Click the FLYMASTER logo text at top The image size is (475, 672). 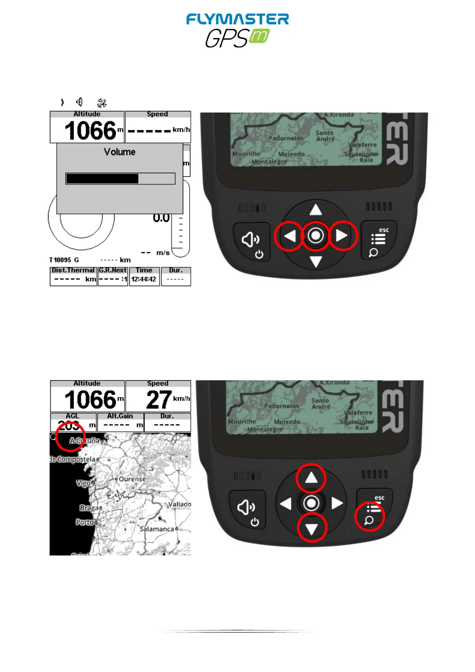[x=238, y=20]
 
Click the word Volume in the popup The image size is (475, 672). [x=119, y=152]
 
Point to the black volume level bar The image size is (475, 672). [x=102, y=179]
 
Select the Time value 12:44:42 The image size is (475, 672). [x=144, y=279]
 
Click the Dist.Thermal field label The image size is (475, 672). [x=73, y=270]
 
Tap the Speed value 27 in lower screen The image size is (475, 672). [x=159, y=400]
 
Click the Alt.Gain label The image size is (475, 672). [x=120, y=416]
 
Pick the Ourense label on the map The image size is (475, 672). [x=132, y=479]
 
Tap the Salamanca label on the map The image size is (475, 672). [x=156, y=529]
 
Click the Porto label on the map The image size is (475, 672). [x=85, y=522]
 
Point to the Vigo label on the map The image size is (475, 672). [x=83, y=483]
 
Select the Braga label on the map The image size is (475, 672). [x=89, y=508]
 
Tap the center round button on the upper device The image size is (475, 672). [x=316, y=236]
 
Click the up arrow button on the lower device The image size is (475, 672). [x=311, y=478]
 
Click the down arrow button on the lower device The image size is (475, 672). [x=312, y=529]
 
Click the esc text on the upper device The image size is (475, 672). [x=384, y=230]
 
